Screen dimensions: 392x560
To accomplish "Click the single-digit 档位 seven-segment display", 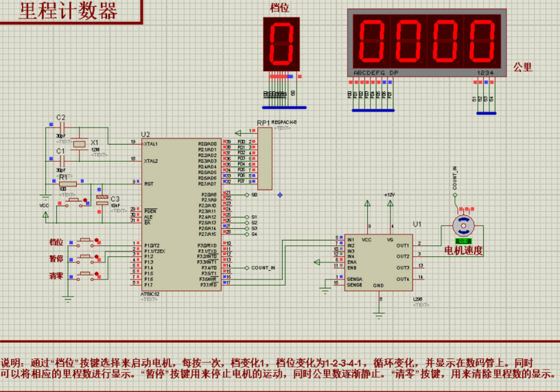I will [281, 43].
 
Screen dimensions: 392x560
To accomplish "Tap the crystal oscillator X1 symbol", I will [80, 143].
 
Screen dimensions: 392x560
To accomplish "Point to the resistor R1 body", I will [67, 184].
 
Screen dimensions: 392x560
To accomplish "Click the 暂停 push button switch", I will [86, 259].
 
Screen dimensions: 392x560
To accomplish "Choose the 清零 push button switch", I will [86, 276].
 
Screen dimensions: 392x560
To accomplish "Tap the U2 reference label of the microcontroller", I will [145, 134].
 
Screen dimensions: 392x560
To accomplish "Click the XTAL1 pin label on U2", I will [151, 144].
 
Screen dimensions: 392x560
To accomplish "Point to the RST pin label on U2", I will [148, 184].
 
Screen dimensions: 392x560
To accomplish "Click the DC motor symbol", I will [463, 223].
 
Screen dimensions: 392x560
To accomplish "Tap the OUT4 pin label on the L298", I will [402, 279].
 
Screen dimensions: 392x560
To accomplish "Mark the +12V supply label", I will [390, 195].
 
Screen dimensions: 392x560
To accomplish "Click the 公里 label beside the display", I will [522, 67].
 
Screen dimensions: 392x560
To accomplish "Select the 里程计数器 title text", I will [69, 12].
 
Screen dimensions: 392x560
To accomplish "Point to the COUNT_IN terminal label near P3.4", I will [264, 268].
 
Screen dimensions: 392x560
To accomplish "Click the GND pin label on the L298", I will [378, 285].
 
